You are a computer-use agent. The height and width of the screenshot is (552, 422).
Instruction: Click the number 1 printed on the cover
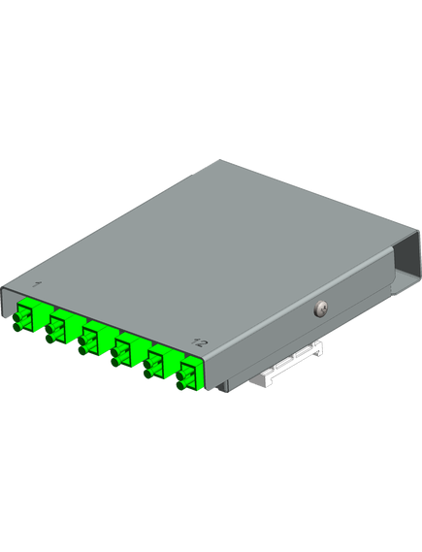click(x=37, y=283)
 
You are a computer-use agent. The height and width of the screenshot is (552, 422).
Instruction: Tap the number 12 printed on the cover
click(x=199, y=341)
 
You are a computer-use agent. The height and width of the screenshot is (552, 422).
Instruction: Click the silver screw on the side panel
click(x=321, y=308)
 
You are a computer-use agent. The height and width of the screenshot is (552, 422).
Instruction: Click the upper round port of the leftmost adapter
click(x=18, y=316)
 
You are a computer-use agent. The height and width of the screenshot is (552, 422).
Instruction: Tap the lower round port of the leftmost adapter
click(x=18, y=327)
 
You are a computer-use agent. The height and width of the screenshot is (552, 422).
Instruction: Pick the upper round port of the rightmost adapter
click(x=181, y=374)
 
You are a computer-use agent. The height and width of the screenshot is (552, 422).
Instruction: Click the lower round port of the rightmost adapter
click(x=181, y=385)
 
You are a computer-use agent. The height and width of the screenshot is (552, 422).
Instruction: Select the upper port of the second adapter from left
click(x=50, y=328)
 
